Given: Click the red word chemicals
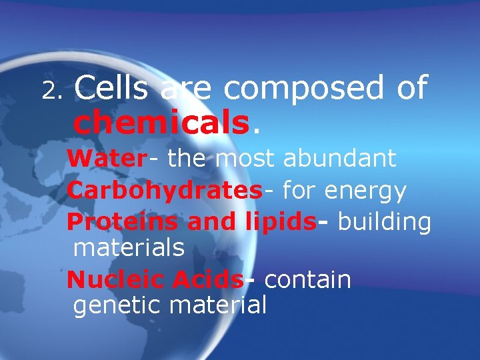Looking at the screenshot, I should click(161, 122).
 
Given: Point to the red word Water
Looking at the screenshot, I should click(106, 159).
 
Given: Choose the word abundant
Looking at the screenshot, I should click(339, 159).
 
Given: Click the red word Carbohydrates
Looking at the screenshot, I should click(165, 191).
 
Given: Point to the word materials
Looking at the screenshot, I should click(129, 248).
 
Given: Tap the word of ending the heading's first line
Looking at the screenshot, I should click(410, 88).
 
